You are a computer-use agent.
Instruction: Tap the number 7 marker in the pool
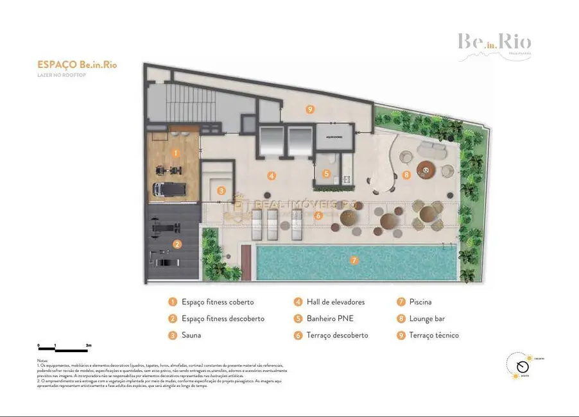coord(353,260)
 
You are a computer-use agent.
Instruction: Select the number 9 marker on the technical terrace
coord(310,109)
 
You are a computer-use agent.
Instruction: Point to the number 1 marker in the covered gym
coord(175,153)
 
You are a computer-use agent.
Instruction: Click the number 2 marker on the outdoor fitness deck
coord(177,244)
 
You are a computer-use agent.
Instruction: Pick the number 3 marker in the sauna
coord(221,191)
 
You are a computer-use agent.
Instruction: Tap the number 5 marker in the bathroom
coord(326,173)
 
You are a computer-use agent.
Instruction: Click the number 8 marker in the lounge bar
coord(406,174)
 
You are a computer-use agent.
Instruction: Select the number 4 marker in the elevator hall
coord(272,175)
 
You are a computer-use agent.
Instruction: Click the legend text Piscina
coord(420,302)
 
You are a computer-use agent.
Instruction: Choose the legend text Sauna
coord(191,336)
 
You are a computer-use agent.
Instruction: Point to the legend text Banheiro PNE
coord(330,319)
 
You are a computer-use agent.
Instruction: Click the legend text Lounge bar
coord(427,319)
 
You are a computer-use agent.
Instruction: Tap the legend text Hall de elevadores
coord(336,302)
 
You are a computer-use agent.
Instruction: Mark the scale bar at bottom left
coord(64,347)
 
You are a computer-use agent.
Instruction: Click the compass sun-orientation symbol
coord(523,366)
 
